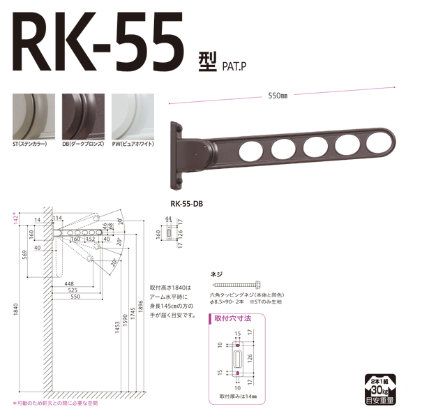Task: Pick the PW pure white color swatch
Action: point(133,117)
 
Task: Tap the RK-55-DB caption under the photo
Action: point(186,205)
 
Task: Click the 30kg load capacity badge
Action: point(382,388)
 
